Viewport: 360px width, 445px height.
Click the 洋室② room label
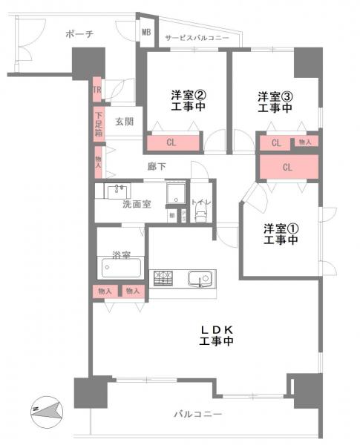click(188, 96)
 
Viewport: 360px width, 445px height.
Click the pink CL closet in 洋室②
click(171, 142)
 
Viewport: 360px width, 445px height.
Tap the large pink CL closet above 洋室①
click(288, 168)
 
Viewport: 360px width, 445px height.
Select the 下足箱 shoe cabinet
click(98, 124)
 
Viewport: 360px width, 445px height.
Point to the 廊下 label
click(155, 168)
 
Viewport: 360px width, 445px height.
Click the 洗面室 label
click(137, 204)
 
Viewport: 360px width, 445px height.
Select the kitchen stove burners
click(163, 279)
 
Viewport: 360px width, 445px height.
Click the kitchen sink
click(200, 280)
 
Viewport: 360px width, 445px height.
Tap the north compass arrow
click(46, 409)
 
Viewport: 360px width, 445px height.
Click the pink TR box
click(96, 90)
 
